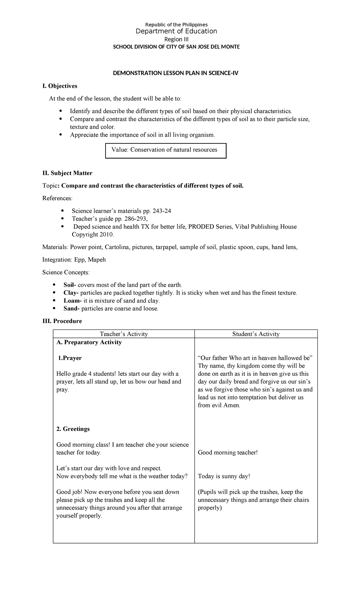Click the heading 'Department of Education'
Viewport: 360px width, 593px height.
pos(176,32)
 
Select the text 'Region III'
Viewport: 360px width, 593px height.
pos(176,39)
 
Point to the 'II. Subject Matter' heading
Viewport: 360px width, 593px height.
pos(67,173)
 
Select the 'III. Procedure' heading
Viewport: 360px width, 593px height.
pos(62,321)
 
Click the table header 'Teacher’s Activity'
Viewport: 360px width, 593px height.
pos(124,334)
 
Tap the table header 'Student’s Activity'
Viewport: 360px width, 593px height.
pos(256,334)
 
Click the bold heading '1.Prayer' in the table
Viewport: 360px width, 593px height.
pos(70,358)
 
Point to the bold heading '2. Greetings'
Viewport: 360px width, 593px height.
pos(73,429)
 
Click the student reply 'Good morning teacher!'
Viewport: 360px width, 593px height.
pos(228,453)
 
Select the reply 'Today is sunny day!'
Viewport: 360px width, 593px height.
pos(224,476)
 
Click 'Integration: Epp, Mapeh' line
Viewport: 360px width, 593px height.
pos(74,260)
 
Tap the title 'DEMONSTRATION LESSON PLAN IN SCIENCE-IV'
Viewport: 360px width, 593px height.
pos(175,73)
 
